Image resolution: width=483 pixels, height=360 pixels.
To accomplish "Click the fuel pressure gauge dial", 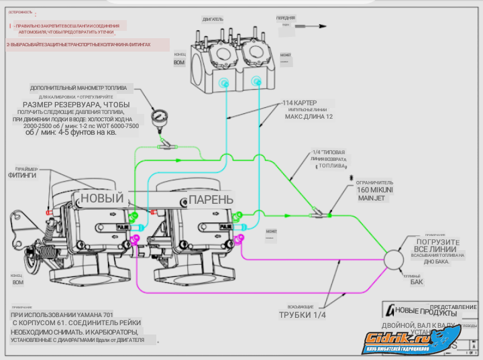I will pyautogui.click(x=159, y=117).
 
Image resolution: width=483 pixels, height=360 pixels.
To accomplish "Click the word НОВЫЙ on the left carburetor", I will pyautogui.click(x=102, y=198).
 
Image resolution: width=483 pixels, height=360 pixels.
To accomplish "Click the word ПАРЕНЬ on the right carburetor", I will pyautogui.click(x=211, y=200).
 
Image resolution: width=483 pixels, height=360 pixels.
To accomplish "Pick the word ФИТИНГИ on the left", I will pyautogui.click(x=22, y=176).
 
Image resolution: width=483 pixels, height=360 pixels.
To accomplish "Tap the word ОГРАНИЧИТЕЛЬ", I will pyautogui.click(x=376, y=182).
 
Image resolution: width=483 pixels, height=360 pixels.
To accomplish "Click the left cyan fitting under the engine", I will pyautogui.click(x=224, y=83).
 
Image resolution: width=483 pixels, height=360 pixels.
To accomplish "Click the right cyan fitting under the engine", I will pyautogui.click(x=256, y=82).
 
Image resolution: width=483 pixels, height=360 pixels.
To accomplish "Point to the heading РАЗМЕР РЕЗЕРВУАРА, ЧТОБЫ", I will pyautogui.click(x=76, y=105).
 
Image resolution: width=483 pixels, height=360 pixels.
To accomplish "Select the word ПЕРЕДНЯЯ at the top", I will pyautogui.click(x=285, y=18).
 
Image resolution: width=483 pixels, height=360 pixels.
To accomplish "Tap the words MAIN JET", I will pyautogui.click(x=373, y=198).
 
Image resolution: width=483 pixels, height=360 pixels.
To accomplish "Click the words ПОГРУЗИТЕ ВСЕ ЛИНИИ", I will pyautogui.click(x=437, y=245).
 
